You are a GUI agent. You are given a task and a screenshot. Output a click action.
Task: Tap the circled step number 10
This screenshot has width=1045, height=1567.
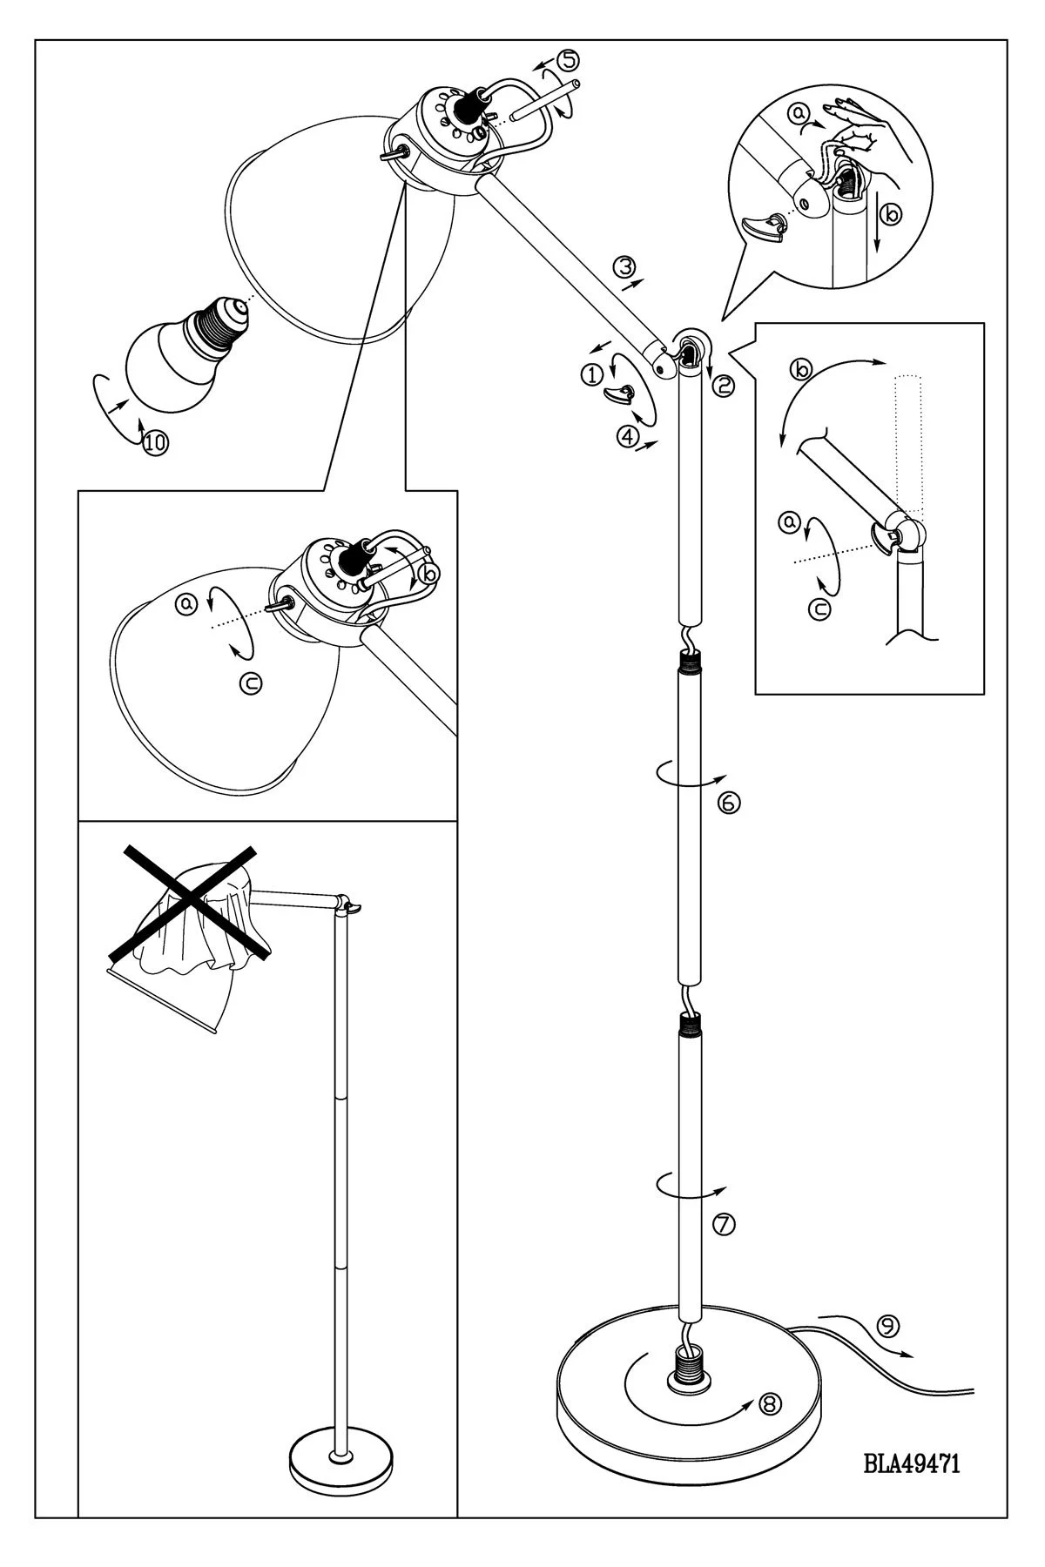coord(156,442)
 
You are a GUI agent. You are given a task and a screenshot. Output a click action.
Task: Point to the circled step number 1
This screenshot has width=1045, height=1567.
coord(591,375)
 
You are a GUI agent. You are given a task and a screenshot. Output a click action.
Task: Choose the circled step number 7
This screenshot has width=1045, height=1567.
coord(724,1225)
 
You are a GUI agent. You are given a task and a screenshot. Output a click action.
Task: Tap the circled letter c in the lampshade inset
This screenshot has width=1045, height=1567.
coord(251,685)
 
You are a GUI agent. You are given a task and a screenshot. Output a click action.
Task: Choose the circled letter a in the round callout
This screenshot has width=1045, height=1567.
coord(797,112)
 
